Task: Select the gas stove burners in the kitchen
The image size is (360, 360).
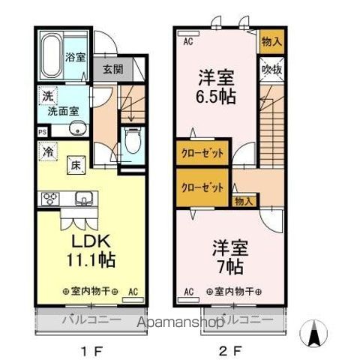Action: pos(51,198)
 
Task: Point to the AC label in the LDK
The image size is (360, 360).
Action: pos(133,290)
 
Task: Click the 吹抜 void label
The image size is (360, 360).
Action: pos(271,69)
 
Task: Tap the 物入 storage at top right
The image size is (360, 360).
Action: pos(271,42)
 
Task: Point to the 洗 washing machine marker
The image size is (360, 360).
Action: pos(47,96)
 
